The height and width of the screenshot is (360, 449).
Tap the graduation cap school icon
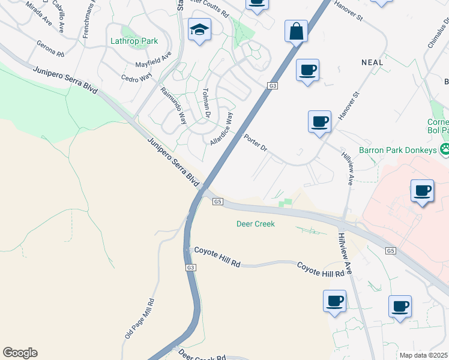199,29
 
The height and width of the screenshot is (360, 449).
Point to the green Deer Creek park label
255,224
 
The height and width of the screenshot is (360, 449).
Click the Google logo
20,353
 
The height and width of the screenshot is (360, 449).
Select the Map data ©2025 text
423,355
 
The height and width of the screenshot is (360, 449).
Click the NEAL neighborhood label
372,62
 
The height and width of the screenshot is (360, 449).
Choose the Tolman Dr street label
206,102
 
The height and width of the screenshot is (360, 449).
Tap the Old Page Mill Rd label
139,319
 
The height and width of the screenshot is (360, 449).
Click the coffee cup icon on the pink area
423,191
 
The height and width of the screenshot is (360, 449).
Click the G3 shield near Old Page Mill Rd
190,267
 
